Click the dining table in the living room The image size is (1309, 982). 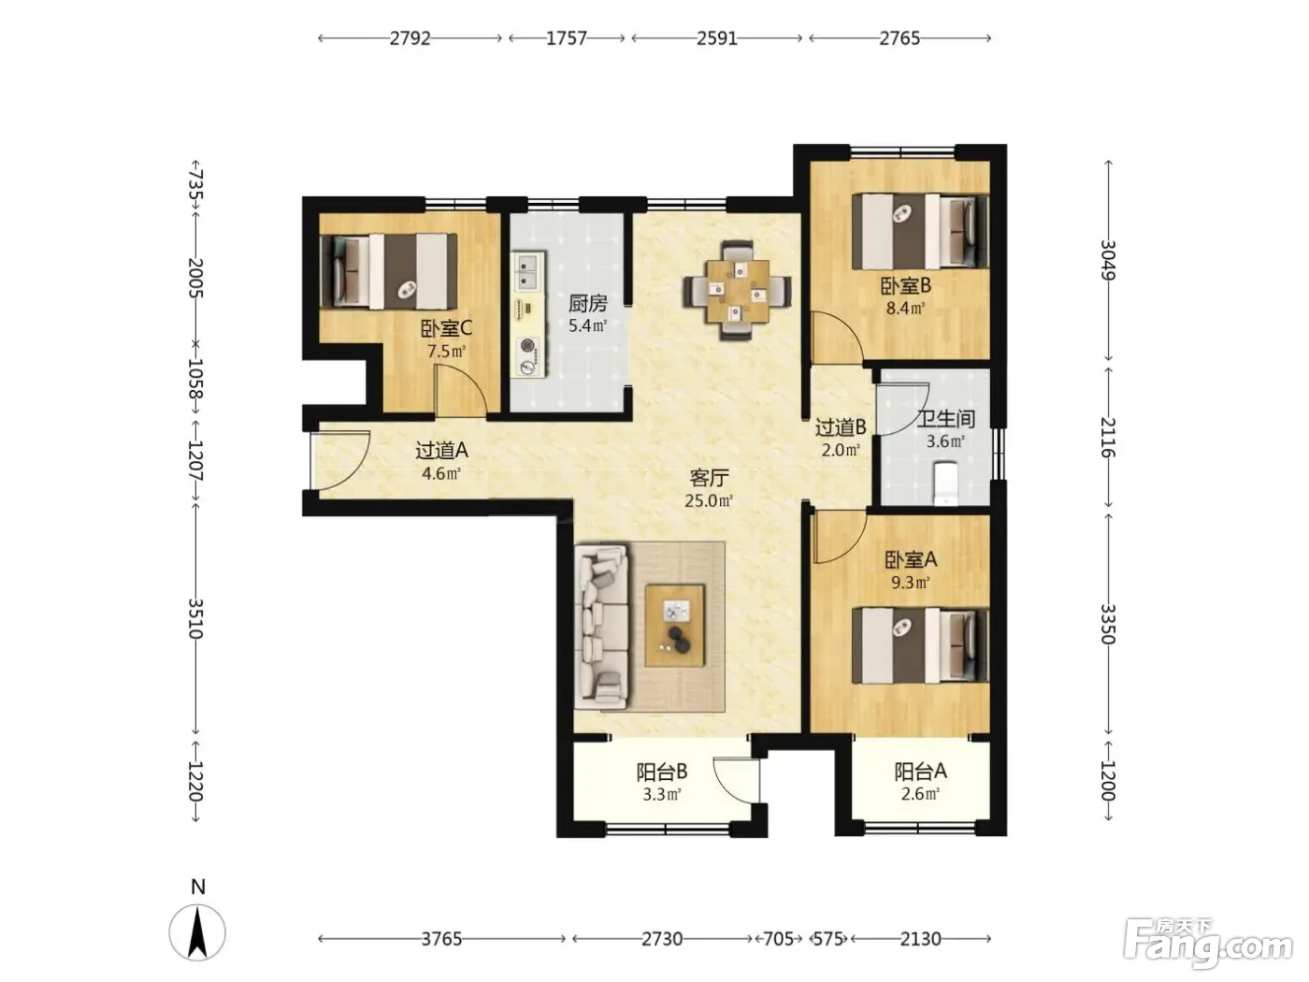737,290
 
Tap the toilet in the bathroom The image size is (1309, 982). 946,483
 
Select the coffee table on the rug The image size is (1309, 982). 674,625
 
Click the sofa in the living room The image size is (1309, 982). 601,626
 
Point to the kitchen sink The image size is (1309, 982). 527,271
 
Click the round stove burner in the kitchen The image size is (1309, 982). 527,346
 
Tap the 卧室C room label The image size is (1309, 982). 446,328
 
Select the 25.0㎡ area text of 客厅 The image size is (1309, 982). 709,500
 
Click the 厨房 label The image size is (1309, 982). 587,303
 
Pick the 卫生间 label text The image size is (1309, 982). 946,419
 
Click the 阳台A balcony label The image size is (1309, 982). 920,772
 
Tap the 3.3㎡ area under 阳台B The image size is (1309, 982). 662,794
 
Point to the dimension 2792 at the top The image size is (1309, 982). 410,38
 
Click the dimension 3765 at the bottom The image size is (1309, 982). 441,939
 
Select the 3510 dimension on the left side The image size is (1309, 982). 195,618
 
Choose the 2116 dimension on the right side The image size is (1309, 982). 1108,437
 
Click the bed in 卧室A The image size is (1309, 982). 920,645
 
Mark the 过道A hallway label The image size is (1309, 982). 442,450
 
